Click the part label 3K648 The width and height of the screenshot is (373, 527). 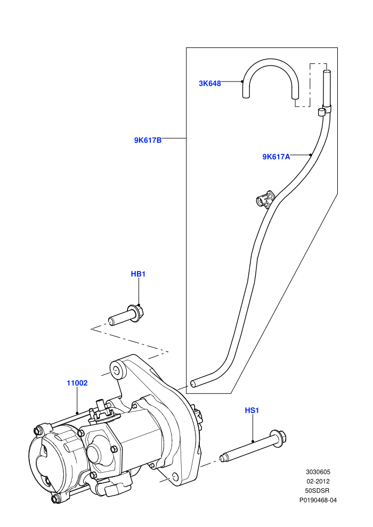tap(210, 84)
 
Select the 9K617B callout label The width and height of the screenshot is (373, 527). tap(148, 140)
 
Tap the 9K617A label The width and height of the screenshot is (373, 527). tap(276, 157)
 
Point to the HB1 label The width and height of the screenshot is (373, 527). tap(138, 274)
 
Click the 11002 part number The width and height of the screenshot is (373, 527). tap(77, 383)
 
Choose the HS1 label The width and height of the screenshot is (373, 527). tap(252, 410)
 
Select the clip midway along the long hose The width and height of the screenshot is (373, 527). tap(265, 200)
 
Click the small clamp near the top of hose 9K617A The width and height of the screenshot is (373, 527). tap(323, 111)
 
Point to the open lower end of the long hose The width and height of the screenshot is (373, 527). tap(193, 383)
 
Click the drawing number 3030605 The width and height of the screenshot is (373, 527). tap(318, 472)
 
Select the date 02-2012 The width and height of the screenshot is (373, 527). tap(318, 481)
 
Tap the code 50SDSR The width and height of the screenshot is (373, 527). tap(318, 491)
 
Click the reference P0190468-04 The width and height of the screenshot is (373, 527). tap(318, 500)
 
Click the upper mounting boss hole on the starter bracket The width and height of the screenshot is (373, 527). tap(115, 371)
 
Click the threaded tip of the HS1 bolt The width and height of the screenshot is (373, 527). tap(222, 457)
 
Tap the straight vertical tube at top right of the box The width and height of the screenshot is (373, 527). tap(327, 88)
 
